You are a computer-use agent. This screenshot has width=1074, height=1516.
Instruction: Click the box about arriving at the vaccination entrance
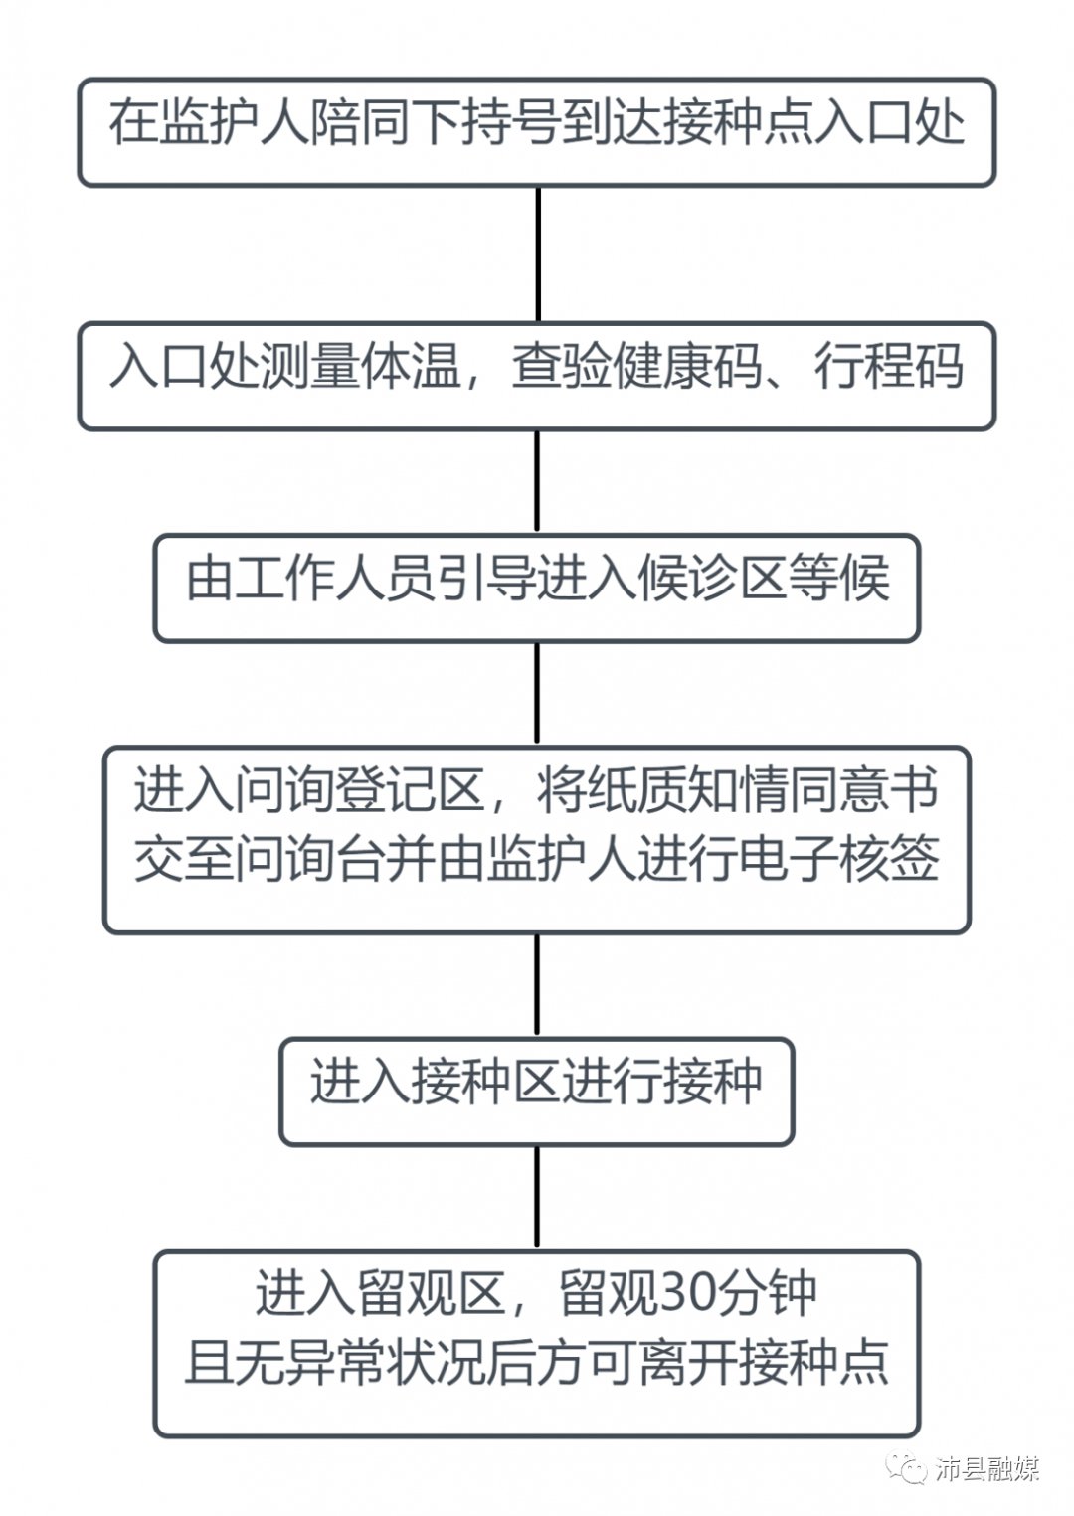pyautogui.click(x=537, y=132)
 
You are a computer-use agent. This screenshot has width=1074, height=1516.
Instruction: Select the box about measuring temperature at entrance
pyautogui.click(x=537, y=376)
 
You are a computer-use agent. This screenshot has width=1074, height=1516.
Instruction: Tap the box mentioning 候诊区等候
pyautogui.click(x=537, y=589)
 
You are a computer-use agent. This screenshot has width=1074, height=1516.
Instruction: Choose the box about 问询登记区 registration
pyautogui.click(x=537, y=840)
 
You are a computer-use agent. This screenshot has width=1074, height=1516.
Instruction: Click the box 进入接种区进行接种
pyautogui.click(x=537, y=1092)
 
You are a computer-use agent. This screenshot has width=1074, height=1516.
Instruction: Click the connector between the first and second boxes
pyautogui.click(x=538, y=253)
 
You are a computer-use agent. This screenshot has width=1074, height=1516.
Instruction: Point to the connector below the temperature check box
pyautogui.click(x=538, y=482)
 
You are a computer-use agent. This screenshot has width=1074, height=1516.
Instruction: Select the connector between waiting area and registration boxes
pyautogui.click(x=538, y=693)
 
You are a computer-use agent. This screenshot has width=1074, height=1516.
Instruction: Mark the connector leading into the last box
pyautogui.click(x=538, y=1197)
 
